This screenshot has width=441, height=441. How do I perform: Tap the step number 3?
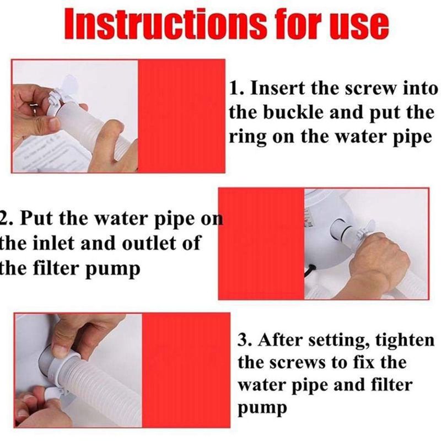243,340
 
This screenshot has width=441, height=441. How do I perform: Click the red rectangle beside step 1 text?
182,116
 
